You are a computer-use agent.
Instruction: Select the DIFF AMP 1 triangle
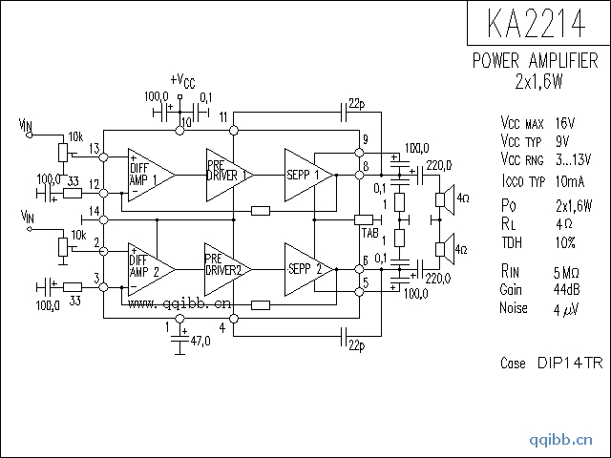click(148, 175)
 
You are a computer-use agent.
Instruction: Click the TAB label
click(369, 232)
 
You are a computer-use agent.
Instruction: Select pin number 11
click(222, 116)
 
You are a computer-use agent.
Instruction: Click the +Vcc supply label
click(182, 79)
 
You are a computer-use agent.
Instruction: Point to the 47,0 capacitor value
click(200, 340)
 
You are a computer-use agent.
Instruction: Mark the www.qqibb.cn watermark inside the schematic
click(179, 305)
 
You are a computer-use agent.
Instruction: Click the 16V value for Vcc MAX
click(565, 124)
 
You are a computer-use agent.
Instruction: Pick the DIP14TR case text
click(569, 364)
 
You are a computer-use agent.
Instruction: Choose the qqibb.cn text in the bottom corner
click(560, 441)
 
